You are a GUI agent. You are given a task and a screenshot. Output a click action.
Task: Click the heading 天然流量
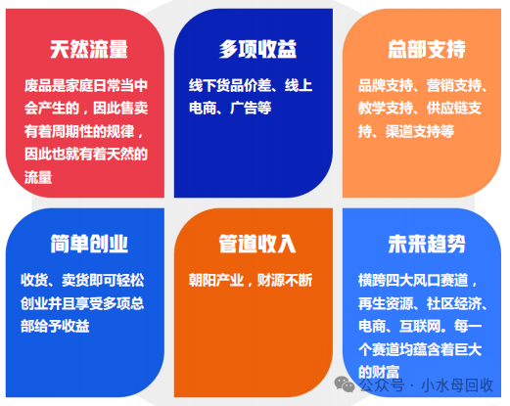[x=89, y=49]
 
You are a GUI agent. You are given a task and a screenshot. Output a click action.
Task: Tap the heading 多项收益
[x=257, y=49]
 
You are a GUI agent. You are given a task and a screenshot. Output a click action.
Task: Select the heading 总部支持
[x=427, y=49]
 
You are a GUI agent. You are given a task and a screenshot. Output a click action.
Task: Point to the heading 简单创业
[x=89, y=244]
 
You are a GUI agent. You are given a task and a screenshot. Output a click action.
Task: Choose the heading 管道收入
[x=257, y=244]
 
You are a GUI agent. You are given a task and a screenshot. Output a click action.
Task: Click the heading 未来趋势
[x=427, y=244]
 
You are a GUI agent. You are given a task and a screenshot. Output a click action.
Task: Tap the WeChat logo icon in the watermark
[x=345, y=383]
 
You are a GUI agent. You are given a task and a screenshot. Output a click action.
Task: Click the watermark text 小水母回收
[x=457, y=385]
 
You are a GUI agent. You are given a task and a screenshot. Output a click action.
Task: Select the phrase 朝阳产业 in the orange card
[x=216, y=280]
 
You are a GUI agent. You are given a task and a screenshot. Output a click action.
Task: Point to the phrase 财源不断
[x=285, y=280]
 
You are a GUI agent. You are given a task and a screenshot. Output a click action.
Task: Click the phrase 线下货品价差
[x=230, y=85]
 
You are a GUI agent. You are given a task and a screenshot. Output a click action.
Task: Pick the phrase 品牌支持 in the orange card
[x=386, y=85]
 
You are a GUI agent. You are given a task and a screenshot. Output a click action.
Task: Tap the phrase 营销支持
[x=454, y=85]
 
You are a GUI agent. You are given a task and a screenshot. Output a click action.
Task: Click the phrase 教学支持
[x=386, y=108]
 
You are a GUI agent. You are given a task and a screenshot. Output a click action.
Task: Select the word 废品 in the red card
[x=38, y=85]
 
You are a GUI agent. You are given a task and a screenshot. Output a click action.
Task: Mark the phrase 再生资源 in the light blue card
[x=386, y=303]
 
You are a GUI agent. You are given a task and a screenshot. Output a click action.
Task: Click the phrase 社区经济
[x=454, y=303]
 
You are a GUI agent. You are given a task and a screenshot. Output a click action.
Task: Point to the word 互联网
[x=420, y=326]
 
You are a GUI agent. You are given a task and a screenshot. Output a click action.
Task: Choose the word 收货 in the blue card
[x=34, y=280]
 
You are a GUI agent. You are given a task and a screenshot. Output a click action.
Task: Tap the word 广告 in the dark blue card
[x=244, y=108]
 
